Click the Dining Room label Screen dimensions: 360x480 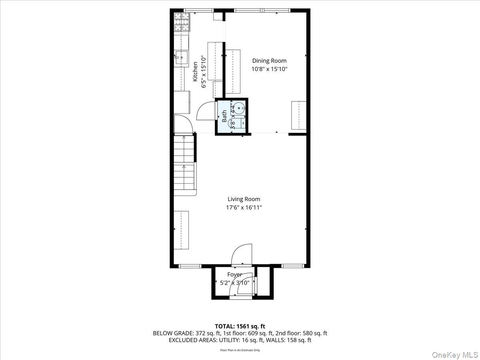point(269,61)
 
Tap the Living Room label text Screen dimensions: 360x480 point(244,199)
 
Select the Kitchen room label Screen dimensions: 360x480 point(195,72)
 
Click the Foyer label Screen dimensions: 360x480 point(234,274)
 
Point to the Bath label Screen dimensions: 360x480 point(224,116)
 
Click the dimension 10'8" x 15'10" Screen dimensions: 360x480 point(269,69)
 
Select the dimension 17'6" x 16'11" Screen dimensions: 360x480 point(244,208)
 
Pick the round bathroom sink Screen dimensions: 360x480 point(239,107)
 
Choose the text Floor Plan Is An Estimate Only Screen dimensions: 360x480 point(240,350)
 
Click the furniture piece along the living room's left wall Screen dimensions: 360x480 point(181,230)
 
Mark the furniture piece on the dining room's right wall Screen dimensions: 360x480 point(298,116)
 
